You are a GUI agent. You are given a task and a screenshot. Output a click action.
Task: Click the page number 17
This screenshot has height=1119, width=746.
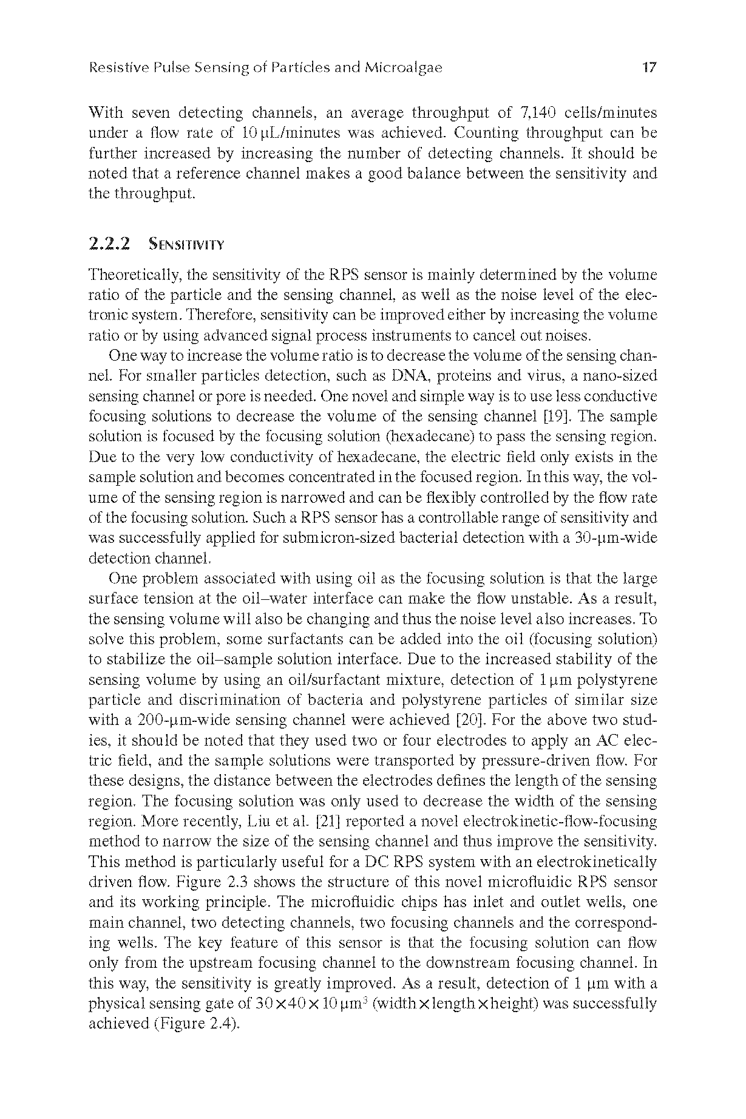649,67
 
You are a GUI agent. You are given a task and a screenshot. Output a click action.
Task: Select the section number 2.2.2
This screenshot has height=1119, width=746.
109,244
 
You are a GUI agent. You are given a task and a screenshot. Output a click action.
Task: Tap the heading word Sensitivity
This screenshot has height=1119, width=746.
186,245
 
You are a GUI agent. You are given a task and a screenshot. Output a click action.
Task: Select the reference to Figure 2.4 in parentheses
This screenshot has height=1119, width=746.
195,1024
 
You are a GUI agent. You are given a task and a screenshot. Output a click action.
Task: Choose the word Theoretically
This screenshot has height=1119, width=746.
135,275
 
